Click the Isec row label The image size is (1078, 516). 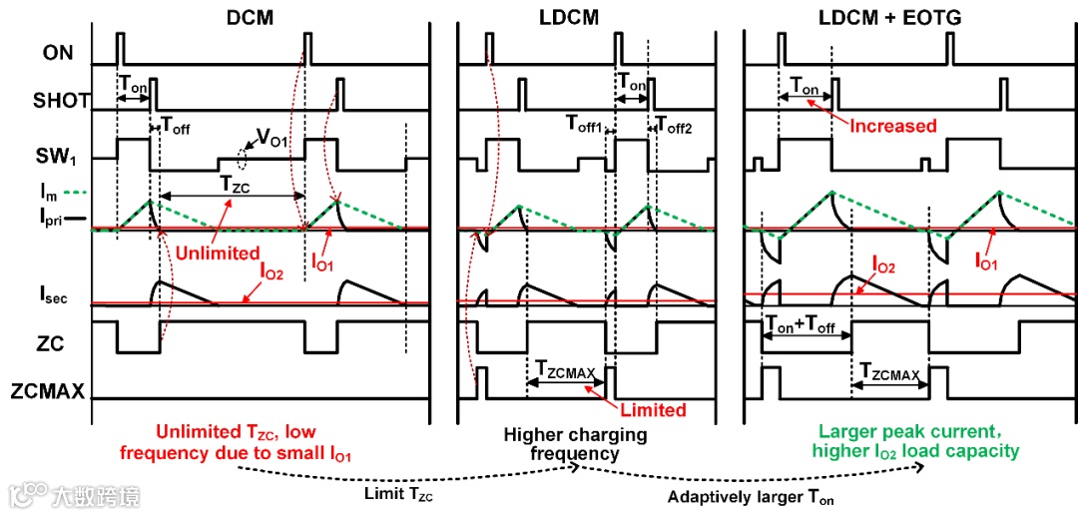click(59, 293)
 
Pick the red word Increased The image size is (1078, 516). click(893, 126)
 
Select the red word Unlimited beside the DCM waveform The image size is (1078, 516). click(218, 254)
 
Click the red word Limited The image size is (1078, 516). click(653, 409)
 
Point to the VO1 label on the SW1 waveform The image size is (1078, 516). click(271, 142)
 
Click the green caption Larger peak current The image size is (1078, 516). click(919, 432)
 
